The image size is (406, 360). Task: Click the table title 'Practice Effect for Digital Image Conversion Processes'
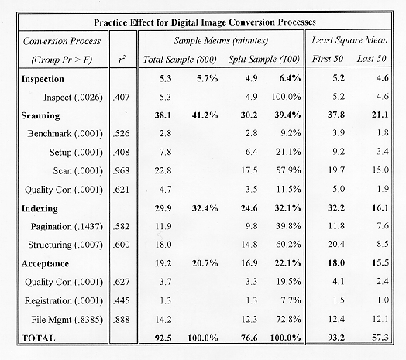click(x=205, y=22)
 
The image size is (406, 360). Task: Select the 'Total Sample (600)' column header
click(x=180, y=60)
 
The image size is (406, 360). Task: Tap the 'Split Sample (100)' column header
click(x=264, y=60)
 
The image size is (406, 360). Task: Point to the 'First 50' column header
click(x=327, y=59)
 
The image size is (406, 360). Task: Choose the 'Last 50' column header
click(x=371, y=59)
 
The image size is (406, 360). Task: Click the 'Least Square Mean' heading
click(x=349, y=40)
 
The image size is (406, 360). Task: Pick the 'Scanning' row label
click(x=40, y=115)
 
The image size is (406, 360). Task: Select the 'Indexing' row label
click(x=40, y=208)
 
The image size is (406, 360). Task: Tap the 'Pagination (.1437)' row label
click(x=67, y=227)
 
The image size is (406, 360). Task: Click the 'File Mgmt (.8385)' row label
click(x=67, y=320)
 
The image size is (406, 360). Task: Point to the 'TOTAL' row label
click(x=38, y=338)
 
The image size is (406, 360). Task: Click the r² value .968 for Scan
click(x=121, y=171)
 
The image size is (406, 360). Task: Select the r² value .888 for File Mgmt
click(x=121, y=320)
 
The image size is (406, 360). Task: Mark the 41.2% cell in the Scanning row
click(x=205, y=115)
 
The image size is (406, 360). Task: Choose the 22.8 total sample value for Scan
click(x=163, y=171)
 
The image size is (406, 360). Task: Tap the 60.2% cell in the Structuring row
click(x=288, y=245)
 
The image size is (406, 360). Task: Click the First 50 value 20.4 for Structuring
click(x=336, y=244)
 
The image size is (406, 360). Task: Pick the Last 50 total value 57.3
click(x=380, y=338)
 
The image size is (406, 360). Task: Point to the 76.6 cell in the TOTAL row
click(x=249, y=338)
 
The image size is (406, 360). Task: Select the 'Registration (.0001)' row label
click(x=64, y=300)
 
